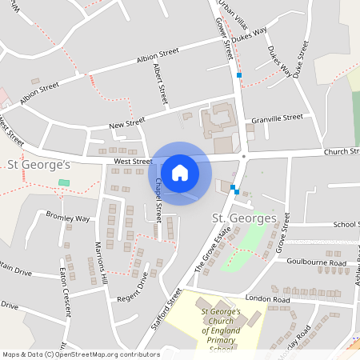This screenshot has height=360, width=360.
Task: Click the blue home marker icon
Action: click(180, 173)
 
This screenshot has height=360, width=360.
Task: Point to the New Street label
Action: click(126, 124)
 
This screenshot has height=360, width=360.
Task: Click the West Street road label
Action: click(133, 161)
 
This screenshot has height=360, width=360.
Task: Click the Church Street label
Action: click(342, 151)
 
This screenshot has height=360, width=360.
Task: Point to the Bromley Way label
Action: click(68, 218)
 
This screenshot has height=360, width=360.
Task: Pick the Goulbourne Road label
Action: click(320, 262)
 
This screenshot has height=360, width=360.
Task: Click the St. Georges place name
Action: click(244, 218)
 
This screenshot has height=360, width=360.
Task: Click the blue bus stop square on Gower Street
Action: click(238, 75)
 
